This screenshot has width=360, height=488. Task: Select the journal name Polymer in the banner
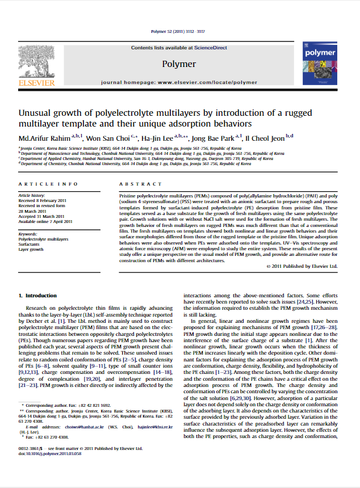coord(179,64)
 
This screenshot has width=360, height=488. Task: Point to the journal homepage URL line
coord(179,82)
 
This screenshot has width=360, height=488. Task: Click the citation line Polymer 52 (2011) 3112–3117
coord(179,32)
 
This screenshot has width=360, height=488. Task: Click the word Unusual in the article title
coord(36,113)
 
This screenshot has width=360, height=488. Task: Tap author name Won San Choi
coord(110,137)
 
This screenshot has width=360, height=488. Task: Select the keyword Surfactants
coord(32,244)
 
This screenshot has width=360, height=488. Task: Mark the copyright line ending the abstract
coord(302,266)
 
